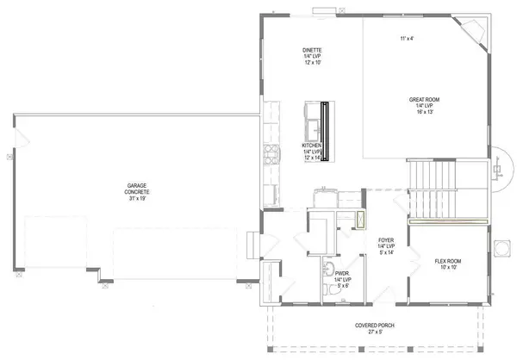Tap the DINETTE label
point(312,50)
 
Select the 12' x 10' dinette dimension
point(312,63)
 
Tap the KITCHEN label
point(312,146)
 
